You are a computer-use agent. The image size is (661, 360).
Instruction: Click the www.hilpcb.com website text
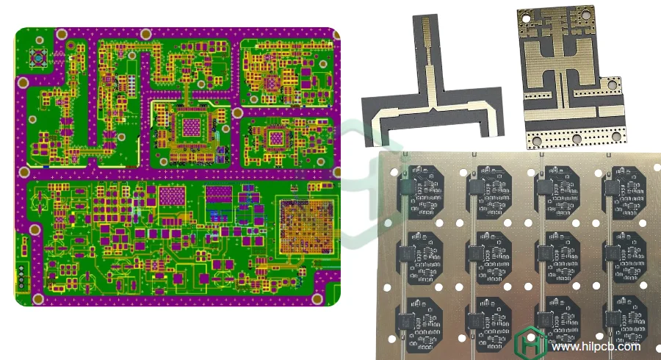pos(596,347)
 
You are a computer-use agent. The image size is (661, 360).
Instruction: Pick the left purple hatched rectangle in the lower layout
pos(173,196)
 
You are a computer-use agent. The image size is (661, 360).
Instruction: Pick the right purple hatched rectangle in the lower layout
pos(219,195)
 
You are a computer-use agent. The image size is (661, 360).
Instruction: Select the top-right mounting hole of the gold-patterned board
pos(585,13)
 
